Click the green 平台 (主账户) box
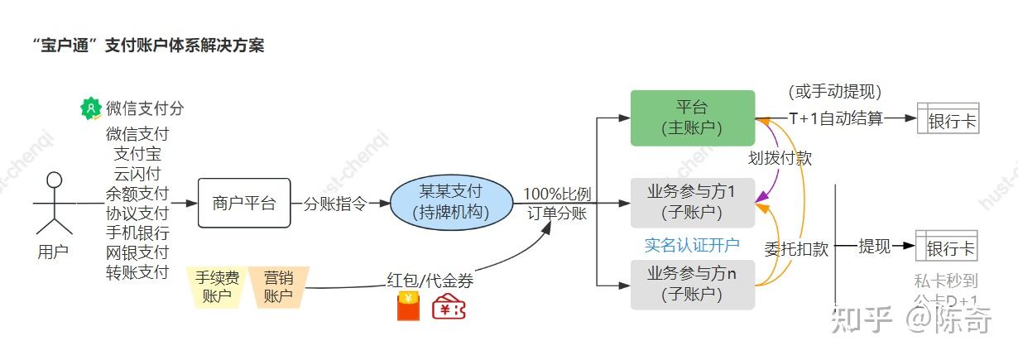point(693,118)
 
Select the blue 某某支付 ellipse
point(451,203)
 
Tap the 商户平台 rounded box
point(244,203)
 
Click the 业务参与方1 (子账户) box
point(693,202)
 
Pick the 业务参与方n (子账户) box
point(693,284)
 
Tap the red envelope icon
point(407,306)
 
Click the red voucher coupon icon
point(449,307)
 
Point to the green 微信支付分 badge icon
point(90,108)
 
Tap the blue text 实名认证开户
point(692,245)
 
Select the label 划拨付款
point(780,158)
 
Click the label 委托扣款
point(796,248)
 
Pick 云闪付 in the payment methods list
point(137,174)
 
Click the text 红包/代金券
point(430,281)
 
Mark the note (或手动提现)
point(834,92)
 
